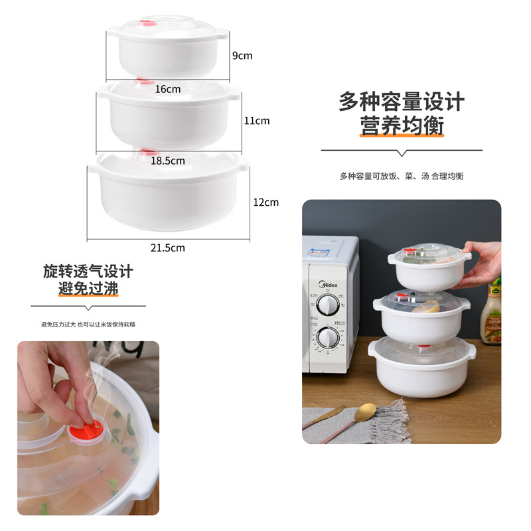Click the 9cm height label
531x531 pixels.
242,56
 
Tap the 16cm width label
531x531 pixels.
168,89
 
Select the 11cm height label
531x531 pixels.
256,121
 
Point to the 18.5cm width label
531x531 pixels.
168,161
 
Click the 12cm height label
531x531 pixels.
265,202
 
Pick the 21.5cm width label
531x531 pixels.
167,248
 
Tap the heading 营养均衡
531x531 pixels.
402,125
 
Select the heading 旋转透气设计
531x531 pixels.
88,271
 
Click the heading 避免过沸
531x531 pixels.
88,290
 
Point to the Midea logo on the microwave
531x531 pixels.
329,285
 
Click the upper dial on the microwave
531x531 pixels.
327,305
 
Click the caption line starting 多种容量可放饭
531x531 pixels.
402,176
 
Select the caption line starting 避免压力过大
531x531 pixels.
88,325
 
